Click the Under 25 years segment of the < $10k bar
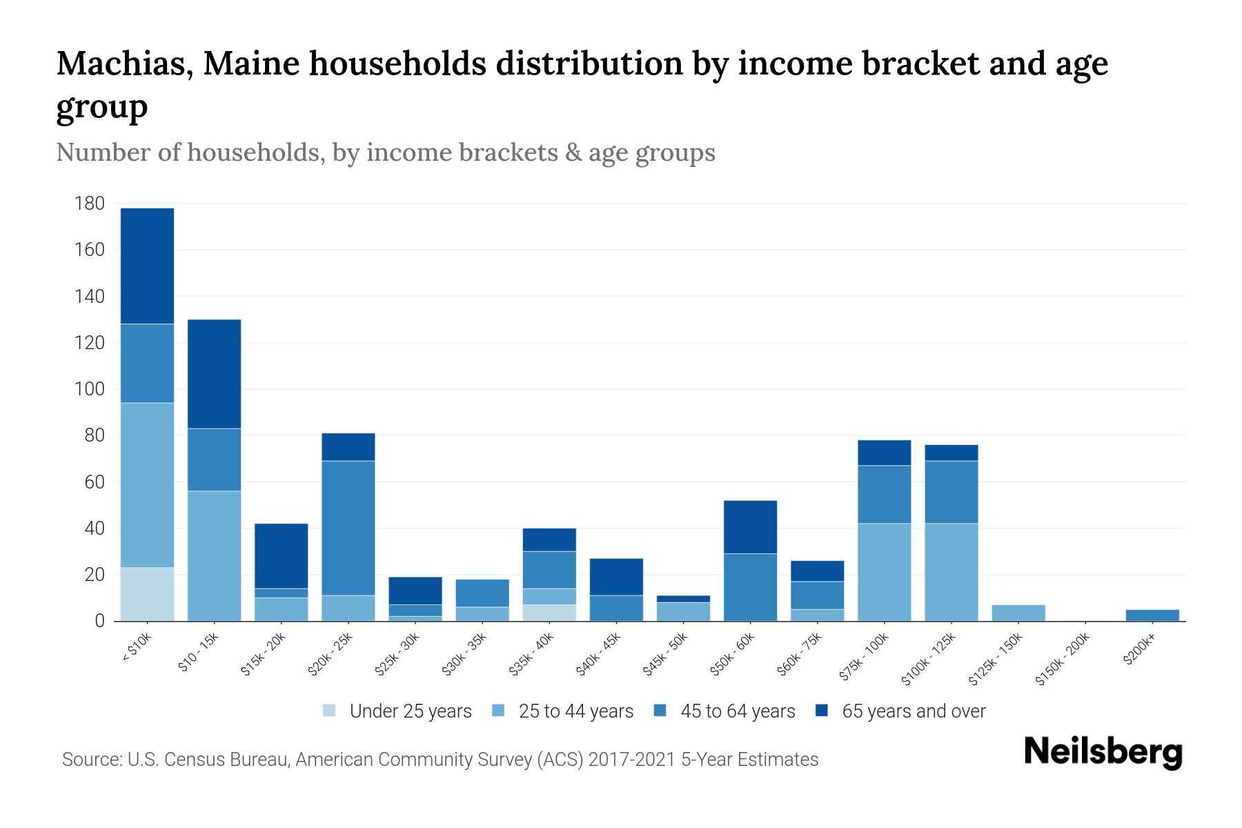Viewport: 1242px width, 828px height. click(x=147, y=594)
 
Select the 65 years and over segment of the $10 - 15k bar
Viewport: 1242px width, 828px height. click(x=214, y=373)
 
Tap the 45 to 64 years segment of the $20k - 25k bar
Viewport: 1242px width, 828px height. click(x=348, y=528)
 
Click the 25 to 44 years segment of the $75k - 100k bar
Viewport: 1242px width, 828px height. click(x=884, y=572)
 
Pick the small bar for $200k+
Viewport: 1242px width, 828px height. click(x=1152, y=615)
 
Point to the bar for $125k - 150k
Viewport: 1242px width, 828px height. click(x=1018, y=613)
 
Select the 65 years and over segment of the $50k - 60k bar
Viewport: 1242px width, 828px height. click(x=750, y=526)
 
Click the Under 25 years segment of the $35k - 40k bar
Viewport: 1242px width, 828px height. click(x=549, y=613)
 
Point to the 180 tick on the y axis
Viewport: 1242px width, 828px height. click(x=90, y=204)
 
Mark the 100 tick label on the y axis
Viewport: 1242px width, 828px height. click(x=90, y=389)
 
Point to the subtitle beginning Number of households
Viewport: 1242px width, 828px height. click(x=385, y=152)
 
